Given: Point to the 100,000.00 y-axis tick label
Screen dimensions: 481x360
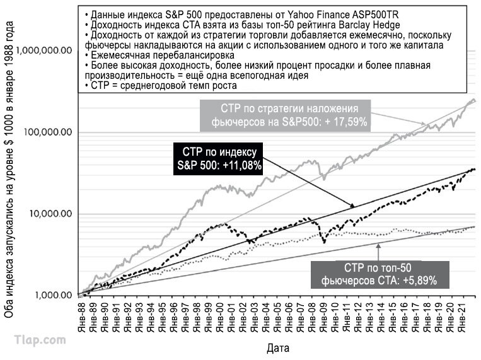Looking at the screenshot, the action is click(48, 132).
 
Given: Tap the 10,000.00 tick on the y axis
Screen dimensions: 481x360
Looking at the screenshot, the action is click(50, 213).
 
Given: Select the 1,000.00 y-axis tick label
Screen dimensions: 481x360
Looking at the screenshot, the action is click(54, 295).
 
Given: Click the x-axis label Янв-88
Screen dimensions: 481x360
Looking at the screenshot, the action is click(81, 317).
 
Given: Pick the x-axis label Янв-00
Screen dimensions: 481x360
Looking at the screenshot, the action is click(220, 317).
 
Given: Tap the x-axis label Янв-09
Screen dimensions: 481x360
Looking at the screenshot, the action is click(323, 317).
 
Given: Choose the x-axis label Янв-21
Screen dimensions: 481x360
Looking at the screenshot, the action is click(462, 317).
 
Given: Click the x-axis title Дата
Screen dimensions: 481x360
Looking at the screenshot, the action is click(278, 349).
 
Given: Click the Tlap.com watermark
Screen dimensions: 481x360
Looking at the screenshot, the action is click(40, 340).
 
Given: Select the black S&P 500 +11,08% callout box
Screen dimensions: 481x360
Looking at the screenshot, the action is click(218, 159).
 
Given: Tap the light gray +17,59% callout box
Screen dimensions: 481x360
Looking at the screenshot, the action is click(285, 115).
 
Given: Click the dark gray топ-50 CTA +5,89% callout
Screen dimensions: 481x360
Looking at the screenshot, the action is click(380, 275).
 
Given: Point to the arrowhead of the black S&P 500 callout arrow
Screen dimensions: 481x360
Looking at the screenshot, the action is click(353, 206).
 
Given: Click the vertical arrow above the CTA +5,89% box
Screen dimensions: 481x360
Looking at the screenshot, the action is click(378, 252).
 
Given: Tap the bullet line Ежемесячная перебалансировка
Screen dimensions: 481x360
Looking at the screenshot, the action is click(159, 55).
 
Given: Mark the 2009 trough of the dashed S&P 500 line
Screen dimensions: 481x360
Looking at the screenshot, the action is click(324, 243).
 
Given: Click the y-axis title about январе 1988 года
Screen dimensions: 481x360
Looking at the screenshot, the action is click(9, 170).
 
